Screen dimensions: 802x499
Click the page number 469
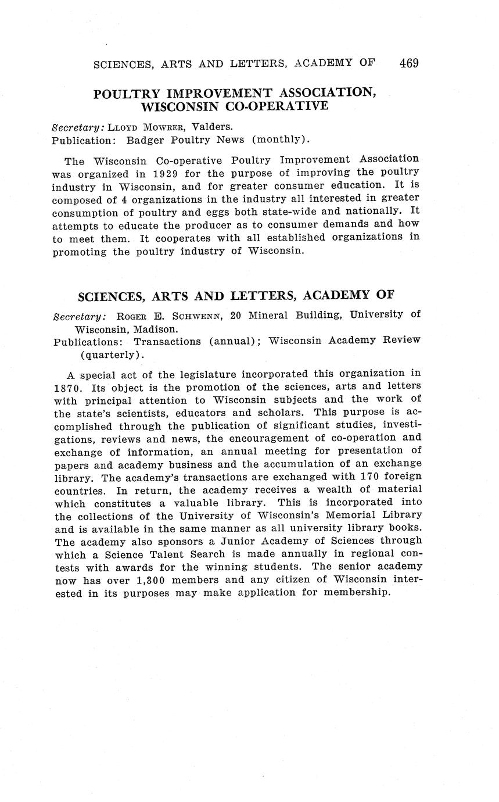pos(409,63)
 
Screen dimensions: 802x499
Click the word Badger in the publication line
pos(146,139)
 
